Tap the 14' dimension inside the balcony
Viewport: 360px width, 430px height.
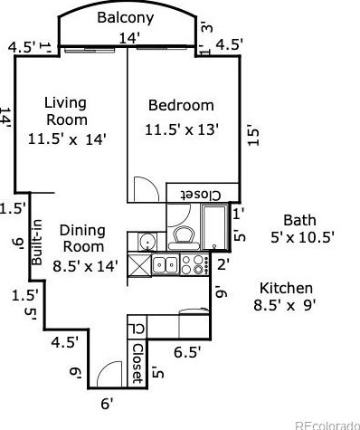(x=129, y=37)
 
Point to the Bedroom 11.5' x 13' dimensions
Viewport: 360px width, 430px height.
(x=181, y=129)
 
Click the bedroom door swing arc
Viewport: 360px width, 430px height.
(x=143, y=187)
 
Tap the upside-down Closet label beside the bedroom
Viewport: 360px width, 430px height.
(x=202, y=195)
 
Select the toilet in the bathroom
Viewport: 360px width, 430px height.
(x=184, y=237)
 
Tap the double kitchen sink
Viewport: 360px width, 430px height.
(x=165, y=264)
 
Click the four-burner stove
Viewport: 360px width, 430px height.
(x=194, y=264)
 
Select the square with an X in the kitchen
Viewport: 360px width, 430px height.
(x=139, y=264)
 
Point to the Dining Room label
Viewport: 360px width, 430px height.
(x=82, y=238)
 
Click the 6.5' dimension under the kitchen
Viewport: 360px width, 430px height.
(x=187, y=350)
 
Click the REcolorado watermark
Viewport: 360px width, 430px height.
(x=327, y=424)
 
